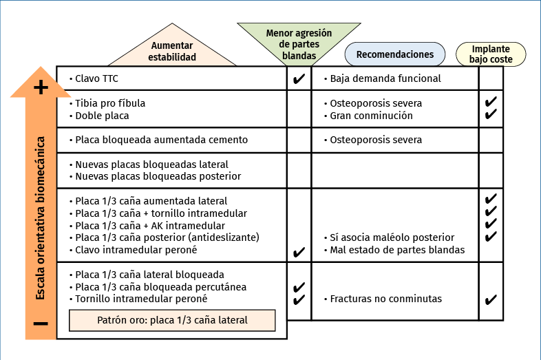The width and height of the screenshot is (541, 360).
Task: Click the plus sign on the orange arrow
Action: pyautogui.click(x=41, y=87)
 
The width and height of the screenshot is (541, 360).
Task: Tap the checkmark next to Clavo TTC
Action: pyautogui.click(x=299, y=79)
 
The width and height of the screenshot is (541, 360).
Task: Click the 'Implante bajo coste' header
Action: pyautogui.click(x=491, y=54)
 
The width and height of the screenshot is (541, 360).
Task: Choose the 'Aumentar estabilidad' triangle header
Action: pyautogui.click(x=172, y=52)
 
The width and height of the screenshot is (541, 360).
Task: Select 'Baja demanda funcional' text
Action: pyautogui.click(x=385, y=78)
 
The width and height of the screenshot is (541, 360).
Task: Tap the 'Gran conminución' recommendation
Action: pyautogui.click(x=372, y=116)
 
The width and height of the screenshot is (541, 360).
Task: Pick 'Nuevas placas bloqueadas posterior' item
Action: pyautogui.click(x=158, y=176)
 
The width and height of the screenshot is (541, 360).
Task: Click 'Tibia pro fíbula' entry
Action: pyautogui.click(x=110, y=103)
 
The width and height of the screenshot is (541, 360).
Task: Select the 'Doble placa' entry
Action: pyautogui.click(x=102, y=116)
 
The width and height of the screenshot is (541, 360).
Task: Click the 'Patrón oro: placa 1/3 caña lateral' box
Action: pyautogui.click(x=172, y=320)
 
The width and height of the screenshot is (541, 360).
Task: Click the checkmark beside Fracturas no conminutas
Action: pyautogui.click(x=491, y=299)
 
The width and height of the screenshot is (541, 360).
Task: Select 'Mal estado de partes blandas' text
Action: pyautogui.click(x=397, y=250)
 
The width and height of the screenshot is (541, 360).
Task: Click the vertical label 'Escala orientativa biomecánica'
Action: pyautogui.click(x=41, y=217)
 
